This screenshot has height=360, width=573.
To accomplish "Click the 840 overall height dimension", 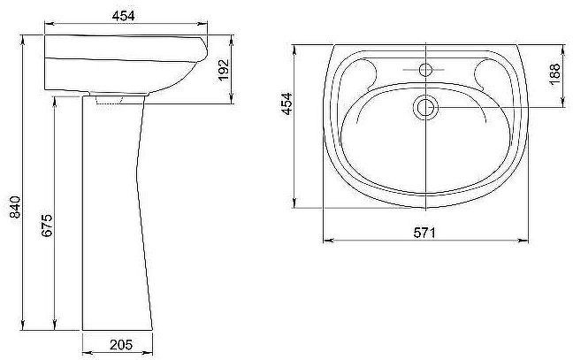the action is click(x=15, y=207).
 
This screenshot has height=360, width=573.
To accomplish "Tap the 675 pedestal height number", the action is click(x=47, y=226).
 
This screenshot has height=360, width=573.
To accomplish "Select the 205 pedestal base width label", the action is click(x=121, y=345).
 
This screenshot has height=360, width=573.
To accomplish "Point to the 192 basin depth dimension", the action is click(x=223, y=70).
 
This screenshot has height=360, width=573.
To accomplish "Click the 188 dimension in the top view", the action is click(x=554, y=74).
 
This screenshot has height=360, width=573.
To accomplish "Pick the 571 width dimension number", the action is click(x=424, y=233).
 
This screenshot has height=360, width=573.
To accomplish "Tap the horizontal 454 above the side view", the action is click(x=124, y=16).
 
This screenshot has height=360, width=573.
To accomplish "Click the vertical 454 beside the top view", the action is click(x=286, y=103).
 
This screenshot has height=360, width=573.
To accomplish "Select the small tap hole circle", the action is click(x=425, y=70).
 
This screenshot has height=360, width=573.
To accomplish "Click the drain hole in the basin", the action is click(x=425, y=107).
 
